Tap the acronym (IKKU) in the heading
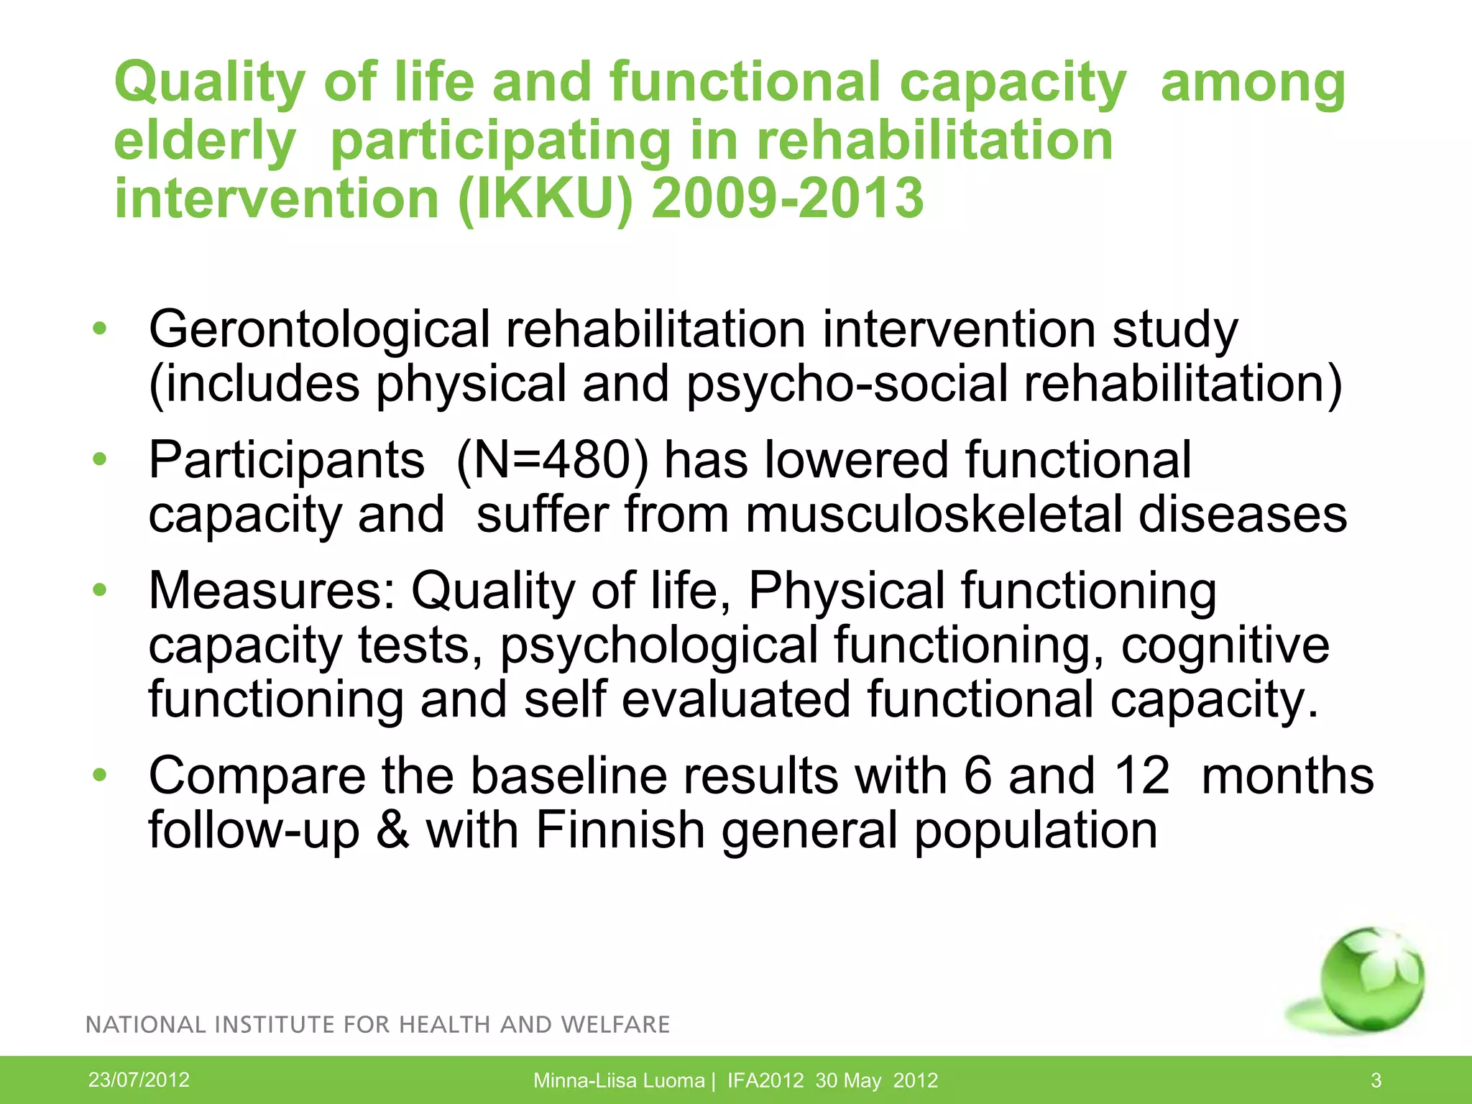(x=546, y=199)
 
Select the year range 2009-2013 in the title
(x=787, y=199)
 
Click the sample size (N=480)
(x=551, y=461)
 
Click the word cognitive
(x=1225, y=646)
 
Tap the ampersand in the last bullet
(x=392, y=831)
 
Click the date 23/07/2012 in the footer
(x=139, y=1080)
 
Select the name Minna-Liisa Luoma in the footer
(x=618, y=1080)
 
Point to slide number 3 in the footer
(x=1376, y=1080)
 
